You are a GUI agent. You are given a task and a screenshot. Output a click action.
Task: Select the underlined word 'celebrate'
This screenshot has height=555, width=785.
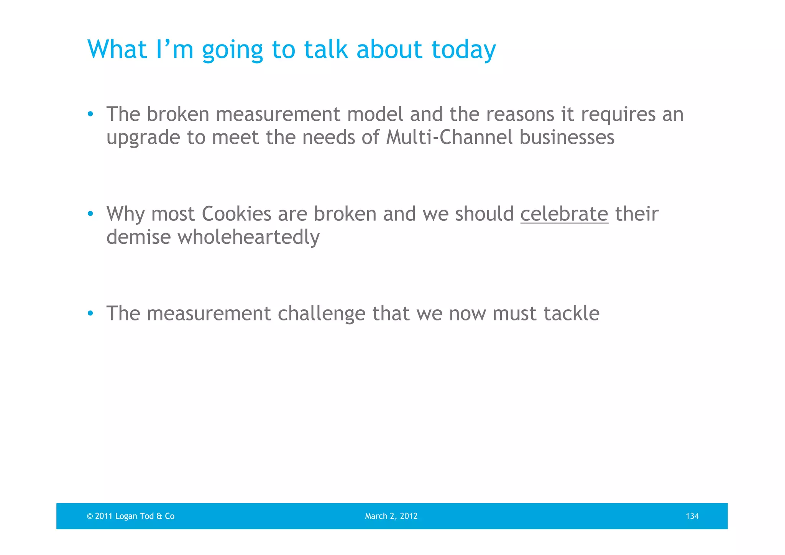click(x=564, y=214)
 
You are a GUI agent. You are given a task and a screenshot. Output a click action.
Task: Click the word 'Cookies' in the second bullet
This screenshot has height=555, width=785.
click(x=236, y=214)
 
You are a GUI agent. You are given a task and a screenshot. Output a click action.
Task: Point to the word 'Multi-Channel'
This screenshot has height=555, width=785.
click(x=449, y=137)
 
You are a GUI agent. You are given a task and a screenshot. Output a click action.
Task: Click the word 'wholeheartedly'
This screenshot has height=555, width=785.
click(x=248, y=237)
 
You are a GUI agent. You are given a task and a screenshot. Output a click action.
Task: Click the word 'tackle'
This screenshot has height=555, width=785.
click(x=572, y=314)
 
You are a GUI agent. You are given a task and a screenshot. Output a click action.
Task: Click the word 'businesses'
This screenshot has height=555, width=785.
click(x=567, y=137)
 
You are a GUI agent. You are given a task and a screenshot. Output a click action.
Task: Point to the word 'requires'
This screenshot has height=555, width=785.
click(x=618, y=115)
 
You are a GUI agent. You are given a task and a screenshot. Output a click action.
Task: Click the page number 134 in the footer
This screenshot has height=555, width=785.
click(x=692, y=516)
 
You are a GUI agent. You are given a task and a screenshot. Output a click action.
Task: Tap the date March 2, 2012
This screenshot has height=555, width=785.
click(x=391, y=516)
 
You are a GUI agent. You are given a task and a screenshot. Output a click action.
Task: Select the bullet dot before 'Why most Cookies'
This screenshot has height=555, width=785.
click(x=90, y=214)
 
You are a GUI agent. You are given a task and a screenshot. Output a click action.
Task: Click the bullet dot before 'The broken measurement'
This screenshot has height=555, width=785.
click(x=90, y=114)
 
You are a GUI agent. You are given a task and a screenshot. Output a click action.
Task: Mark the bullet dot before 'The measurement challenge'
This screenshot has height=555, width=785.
click(x=90, y=314)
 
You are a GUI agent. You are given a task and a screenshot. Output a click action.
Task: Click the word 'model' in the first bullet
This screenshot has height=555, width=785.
click(x=375, y=114)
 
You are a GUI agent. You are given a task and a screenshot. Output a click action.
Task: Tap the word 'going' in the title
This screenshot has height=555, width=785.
click(x=232, y=50)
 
